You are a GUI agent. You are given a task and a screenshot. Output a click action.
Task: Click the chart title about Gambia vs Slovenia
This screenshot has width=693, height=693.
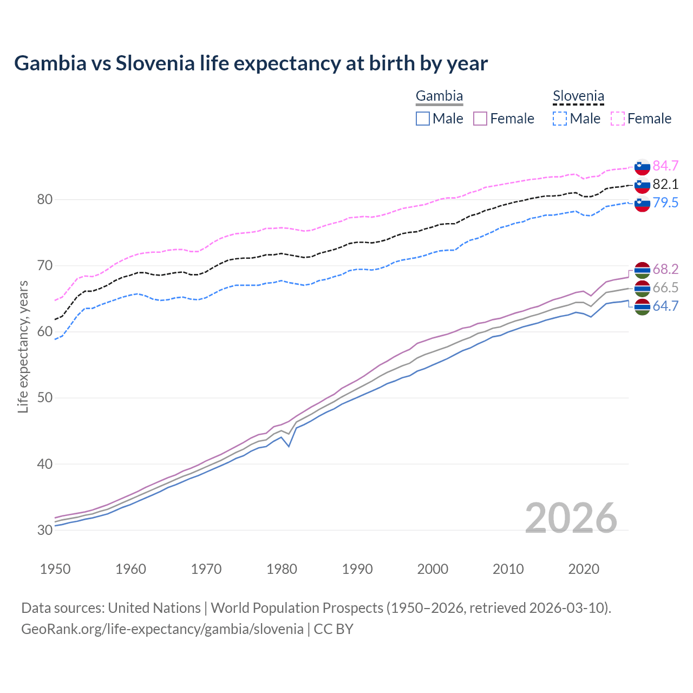coord(251,63)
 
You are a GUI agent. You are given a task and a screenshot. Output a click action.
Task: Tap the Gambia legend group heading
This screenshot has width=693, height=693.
coord(439,96)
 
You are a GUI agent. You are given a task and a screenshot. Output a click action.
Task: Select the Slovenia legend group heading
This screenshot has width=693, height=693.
coord(578,96)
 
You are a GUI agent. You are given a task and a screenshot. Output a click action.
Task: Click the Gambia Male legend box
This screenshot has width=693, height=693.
coord(423,119)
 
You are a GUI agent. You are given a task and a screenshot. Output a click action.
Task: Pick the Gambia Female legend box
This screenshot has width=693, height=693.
coord(480,119)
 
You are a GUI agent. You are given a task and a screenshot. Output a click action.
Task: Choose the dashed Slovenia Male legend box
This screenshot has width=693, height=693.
coord(560,119)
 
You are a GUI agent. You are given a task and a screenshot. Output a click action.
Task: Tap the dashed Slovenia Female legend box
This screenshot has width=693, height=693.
coord(617,119)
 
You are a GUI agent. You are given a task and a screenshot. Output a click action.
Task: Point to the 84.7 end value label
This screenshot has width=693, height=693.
coord(665,166)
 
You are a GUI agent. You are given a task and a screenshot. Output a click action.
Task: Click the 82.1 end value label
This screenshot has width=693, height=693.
coord(665,184)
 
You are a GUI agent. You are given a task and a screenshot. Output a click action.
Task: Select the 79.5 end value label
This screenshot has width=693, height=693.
coord(665,202)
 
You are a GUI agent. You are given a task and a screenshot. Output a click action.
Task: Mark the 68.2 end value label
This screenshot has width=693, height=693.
coord(665,269)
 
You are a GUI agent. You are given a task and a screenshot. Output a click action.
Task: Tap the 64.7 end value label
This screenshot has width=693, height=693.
coord(665,306)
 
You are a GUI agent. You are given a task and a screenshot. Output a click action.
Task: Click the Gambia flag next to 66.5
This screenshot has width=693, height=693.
coord(642,288)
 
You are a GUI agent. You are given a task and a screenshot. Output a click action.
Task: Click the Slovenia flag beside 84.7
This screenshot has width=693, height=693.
coord(642,167)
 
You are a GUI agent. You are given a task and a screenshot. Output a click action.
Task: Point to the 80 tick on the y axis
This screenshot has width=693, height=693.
coord(44,199)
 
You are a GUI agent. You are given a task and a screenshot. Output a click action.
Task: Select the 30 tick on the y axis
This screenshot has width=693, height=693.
coord(44,530)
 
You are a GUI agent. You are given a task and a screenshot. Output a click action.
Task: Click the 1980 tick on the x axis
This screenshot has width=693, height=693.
coord(282,569)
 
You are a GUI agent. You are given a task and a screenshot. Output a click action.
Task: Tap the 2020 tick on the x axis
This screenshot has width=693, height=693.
coord(584,569)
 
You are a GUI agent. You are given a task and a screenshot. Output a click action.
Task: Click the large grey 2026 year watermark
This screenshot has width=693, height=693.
coord(571,518)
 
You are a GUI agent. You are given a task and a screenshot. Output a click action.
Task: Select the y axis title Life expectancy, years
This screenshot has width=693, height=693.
coord(23,346)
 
